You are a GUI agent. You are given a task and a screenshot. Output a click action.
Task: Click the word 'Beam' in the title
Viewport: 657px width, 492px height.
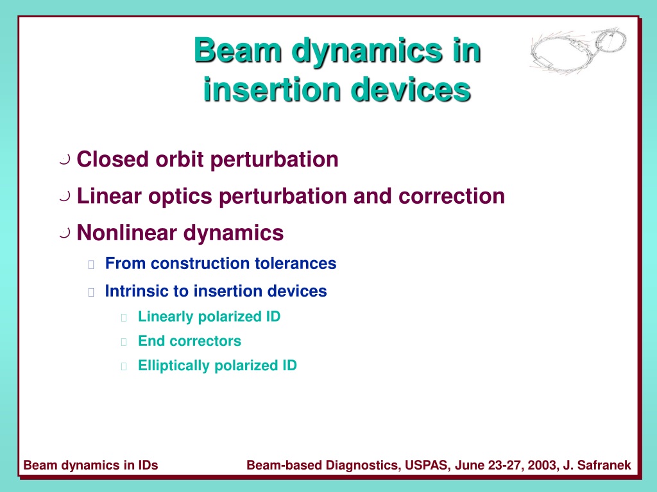click(x=238, y=50)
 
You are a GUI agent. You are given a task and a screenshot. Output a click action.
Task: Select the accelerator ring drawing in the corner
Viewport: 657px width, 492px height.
click(x=578, y=50)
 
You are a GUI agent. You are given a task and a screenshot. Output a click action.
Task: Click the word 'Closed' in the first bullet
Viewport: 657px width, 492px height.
click(x=113, y=159)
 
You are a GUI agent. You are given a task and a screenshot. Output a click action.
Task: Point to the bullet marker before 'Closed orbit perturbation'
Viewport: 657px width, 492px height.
click(x=65, y=160)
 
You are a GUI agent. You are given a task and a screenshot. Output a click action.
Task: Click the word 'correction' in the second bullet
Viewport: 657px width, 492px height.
click(x=451, y=196)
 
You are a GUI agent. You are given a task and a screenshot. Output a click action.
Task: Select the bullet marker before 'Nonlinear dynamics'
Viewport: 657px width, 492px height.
click(x=65, y=233)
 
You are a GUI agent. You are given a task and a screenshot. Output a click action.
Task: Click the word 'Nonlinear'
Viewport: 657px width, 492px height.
click(x=127, y=233)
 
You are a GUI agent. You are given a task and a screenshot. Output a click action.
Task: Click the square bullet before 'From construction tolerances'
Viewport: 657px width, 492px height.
click(x=91, y=265)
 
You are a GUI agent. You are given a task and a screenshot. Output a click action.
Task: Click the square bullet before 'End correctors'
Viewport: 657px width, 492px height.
click(x=124, y=342)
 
